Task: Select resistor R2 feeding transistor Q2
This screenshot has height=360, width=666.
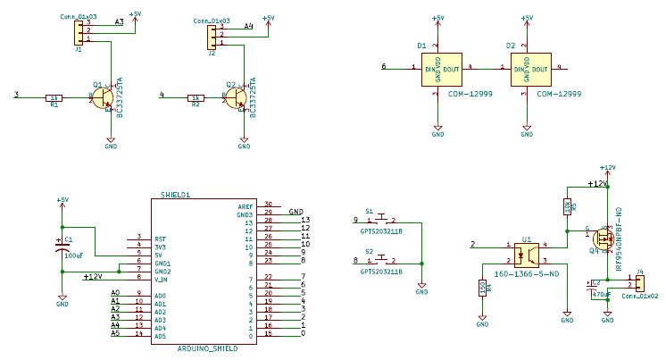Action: click(x=195, y=98)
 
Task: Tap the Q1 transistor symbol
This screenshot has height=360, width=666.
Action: click(x=105, y=98)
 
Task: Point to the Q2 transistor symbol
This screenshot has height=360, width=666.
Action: click(x=238, y=99)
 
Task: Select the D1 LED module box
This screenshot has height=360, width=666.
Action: click(x=437, y=68)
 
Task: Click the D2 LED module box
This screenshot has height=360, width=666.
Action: click(x=528, y=68)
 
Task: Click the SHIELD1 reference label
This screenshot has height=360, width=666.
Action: click(x=175, y=194)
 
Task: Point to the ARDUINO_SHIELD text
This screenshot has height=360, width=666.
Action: click(x=207, y=347)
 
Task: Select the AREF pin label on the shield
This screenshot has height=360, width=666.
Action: click(x=245, y=205)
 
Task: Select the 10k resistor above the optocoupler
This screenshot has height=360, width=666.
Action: click(x=567, y=207)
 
